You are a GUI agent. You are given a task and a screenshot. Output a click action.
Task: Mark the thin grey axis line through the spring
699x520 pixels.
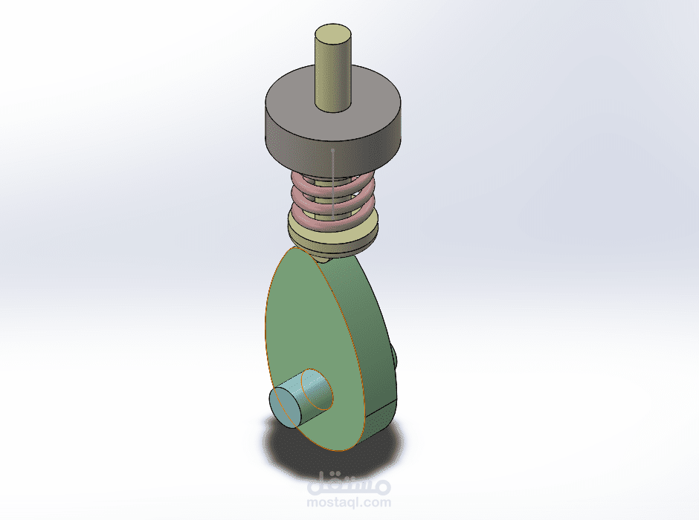coord(332,184)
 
